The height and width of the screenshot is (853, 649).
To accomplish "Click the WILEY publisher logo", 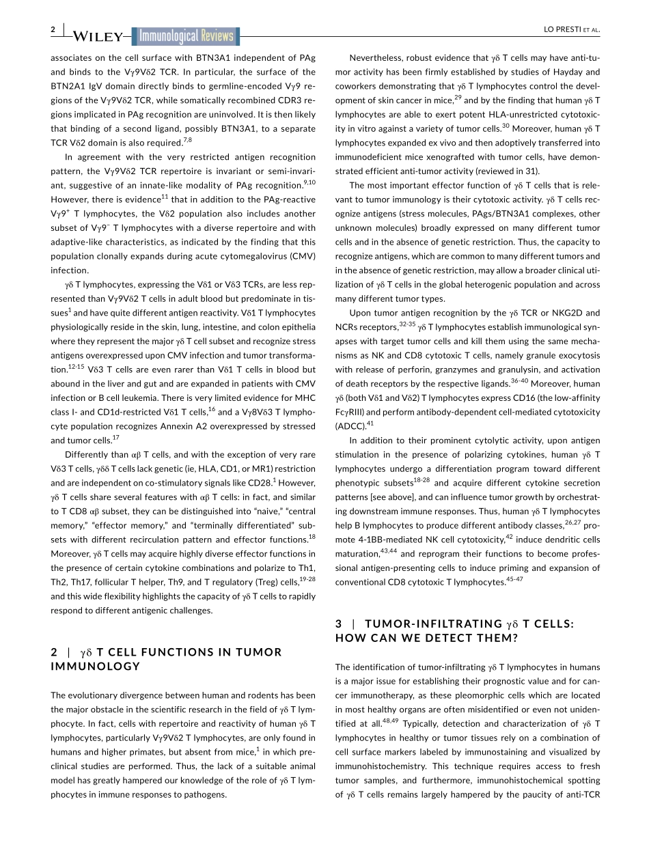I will point(98,37).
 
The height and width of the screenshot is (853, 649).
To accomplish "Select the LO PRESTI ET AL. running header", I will point(571,29).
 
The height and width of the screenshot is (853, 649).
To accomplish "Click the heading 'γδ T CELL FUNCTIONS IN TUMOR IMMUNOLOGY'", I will point(166,658).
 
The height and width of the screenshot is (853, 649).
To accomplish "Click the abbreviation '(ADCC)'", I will point(350,425).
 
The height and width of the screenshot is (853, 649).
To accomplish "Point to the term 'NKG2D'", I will point(554,313).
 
